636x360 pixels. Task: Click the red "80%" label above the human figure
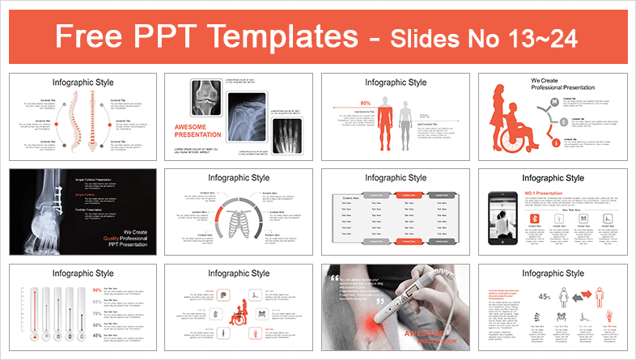tap(366, 103)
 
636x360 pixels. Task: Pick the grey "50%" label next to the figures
tap(424, 116)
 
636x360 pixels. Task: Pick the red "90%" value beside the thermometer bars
tap(97, 290)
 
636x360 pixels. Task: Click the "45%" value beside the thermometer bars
tap(97, 335)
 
